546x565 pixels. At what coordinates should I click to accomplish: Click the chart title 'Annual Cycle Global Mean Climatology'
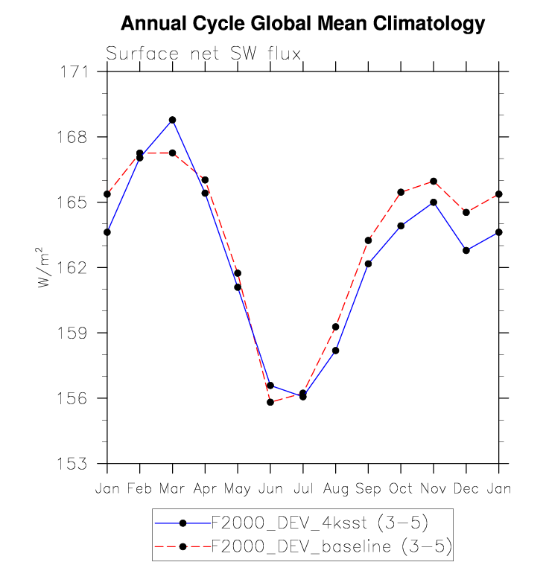point(302,25)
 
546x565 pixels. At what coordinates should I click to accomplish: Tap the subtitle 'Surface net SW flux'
point(203,54)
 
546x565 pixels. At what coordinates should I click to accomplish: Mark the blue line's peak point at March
point(172,120)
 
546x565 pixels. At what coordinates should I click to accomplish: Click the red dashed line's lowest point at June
point(270,402)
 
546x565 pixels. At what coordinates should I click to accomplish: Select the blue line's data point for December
point(466,250)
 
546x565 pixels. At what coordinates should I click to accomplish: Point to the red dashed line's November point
point(434,181)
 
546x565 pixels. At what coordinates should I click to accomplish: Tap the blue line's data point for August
point(336,350)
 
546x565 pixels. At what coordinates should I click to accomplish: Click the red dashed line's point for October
point(401,192)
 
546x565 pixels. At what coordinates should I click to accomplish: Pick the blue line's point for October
point(401,226)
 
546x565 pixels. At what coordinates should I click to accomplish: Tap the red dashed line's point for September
point(368,240)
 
